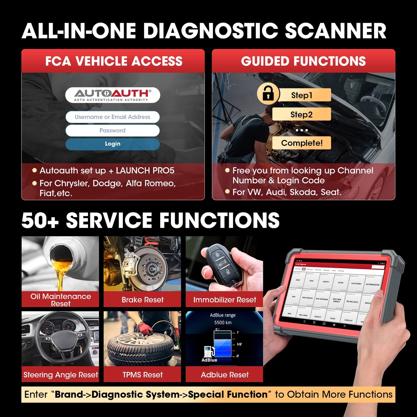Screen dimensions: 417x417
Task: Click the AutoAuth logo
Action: tap(113, 95)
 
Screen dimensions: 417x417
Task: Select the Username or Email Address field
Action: tap(113, 117)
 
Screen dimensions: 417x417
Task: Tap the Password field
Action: tap(113, 130)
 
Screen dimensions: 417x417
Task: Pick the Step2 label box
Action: tap(302, 115)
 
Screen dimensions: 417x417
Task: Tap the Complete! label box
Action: tap(302, 143)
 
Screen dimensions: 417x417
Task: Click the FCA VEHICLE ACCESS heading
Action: tap(113, 61)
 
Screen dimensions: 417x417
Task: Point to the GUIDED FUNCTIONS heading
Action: tap(303, 61)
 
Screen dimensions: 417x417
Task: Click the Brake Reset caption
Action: tap(142, 300)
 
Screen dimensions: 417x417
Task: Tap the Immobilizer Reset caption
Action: tap(225, 300)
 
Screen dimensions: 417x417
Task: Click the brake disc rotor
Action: tap(152, 268)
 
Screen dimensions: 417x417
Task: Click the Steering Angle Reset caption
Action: tap(61, 375)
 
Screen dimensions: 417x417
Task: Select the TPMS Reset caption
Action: tap(142, 375)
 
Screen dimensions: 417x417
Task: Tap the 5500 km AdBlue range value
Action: tap(223, 322)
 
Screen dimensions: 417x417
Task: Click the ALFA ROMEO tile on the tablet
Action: tap(356, 283)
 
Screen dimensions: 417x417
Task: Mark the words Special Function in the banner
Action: tap(228, 394)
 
